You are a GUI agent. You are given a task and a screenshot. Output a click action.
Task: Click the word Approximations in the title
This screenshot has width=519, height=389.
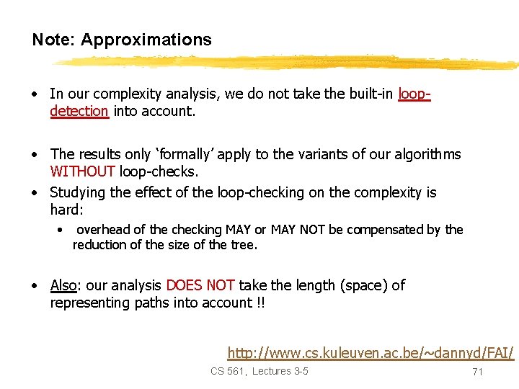coord(146,40)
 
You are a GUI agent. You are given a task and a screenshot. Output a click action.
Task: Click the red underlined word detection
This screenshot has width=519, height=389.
coord(79,111)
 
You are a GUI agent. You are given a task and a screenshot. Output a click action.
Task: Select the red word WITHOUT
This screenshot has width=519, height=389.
coord(83,171)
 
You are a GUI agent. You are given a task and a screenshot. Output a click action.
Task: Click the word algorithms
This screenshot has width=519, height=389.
coord(425,154)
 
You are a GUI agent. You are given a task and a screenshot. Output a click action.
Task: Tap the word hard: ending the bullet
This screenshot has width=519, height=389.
coord(67,210)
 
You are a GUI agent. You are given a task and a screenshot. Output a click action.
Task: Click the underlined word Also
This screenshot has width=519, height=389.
coord(63,285)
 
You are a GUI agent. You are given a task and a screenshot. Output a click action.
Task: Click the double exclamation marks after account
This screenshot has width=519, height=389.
coord(260,303)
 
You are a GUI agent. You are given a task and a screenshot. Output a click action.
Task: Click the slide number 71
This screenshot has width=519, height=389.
coord(476,372)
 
